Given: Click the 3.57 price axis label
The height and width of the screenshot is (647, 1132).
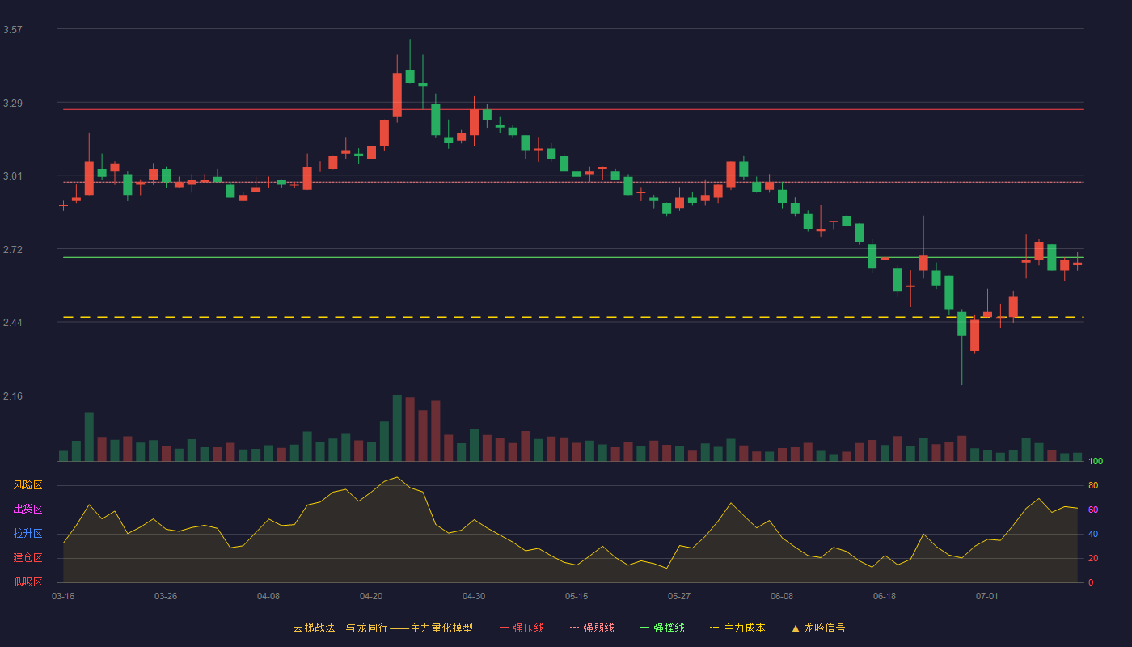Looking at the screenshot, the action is click(13, 30).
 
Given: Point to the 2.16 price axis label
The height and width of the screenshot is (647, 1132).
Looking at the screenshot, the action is click(13, 395).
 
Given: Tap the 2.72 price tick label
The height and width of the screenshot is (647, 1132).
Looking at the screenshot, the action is click(13, 250).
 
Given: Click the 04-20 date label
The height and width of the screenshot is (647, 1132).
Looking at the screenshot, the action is click(371, 597).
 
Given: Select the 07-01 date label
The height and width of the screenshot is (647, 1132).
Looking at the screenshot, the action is click(987, 597).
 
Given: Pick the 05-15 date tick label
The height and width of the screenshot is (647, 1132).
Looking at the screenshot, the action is click(577, 597).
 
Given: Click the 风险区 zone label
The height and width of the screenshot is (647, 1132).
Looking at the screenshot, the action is click(27, 485).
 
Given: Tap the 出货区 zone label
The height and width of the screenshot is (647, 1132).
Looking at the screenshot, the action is click(27, 509).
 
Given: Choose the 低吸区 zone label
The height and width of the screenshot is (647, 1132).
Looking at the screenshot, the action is click(27, 581).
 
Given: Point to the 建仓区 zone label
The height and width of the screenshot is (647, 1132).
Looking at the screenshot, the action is click(27, 557).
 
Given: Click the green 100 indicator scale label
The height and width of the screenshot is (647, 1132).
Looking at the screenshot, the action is click(1096, 461).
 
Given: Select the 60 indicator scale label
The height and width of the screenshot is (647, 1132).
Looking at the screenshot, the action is click(1093, 510).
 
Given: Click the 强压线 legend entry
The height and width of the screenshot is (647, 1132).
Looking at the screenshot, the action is click(522, 628).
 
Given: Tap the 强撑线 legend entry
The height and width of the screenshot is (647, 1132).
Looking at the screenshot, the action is click(662, 628).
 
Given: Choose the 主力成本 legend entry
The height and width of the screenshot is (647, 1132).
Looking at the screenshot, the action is click(737, 628).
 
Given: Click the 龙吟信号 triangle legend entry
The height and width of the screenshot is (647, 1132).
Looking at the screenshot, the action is click(818, 628).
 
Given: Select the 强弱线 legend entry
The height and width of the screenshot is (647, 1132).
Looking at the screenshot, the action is click(592, 628).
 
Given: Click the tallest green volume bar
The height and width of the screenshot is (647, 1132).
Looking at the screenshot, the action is click(397, 428).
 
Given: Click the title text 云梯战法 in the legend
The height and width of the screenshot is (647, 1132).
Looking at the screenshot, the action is click(314, 628).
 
